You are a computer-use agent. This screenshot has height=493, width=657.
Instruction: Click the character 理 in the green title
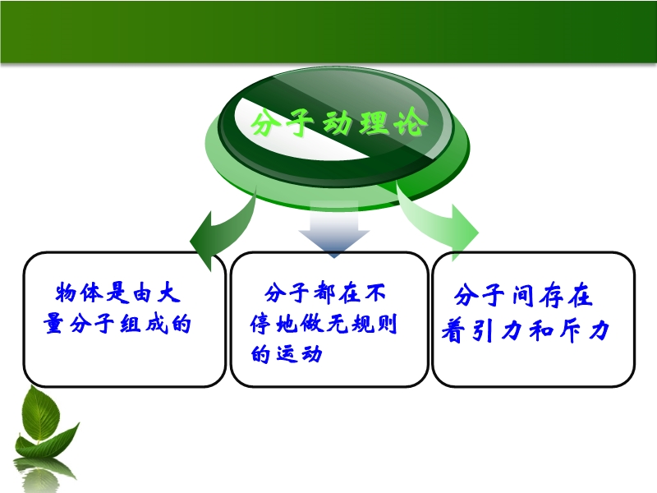coord(374,122)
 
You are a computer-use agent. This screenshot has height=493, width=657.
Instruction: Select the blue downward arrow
coord(334,229)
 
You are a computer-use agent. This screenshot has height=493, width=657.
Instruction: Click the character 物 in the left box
coord(67,293)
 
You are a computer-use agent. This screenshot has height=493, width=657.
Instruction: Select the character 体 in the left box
coord(91,293)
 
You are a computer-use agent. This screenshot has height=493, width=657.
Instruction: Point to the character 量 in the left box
coord(54,324)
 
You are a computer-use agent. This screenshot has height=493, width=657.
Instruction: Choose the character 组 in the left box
coord(131,324)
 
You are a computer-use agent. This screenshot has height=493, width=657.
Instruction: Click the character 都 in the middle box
coord(324,293)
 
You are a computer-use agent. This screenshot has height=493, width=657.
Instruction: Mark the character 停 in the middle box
coord(261,324)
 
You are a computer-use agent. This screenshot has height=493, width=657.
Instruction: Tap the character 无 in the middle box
coord(337,324)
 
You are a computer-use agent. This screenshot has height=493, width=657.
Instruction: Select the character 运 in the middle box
coord(286,354)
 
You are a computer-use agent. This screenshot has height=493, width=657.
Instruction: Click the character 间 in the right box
coord(524,295)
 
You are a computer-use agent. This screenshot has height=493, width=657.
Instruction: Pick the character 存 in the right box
coord(552,295)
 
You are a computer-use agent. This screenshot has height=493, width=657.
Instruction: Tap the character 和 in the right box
coord(540,331)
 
